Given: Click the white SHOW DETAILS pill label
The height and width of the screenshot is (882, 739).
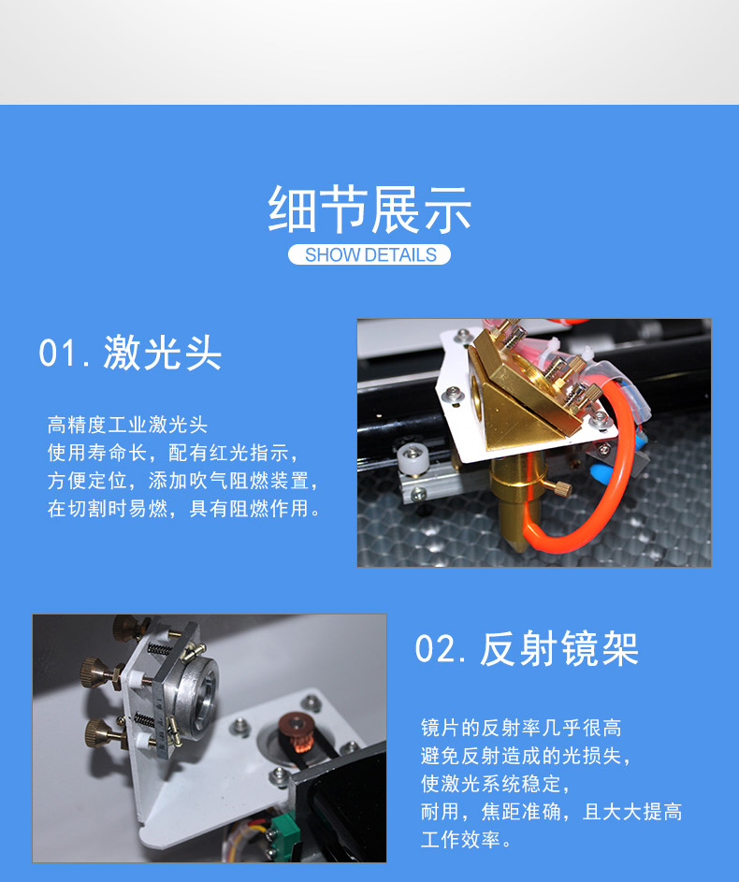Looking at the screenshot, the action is click(369, 254).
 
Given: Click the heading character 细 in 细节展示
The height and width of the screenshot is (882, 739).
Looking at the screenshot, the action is click(291, 210).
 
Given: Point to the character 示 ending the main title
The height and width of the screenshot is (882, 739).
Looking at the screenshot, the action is click(448, 210).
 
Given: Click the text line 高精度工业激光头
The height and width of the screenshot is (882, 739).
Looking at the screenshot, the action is click(127, 425).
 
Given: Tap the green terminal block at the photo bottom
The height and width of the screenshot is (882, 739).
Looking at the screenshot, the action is click(284, 831).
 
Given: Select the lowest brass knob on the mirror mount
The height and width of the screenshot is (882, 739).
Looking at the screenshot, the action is click(101, 734).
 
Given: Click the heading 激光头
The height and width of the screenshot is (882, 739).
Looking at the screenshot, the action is click(162, 354).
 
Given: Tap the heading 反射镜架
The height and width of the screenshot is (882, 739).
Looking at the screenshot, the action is click(559, 649).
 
